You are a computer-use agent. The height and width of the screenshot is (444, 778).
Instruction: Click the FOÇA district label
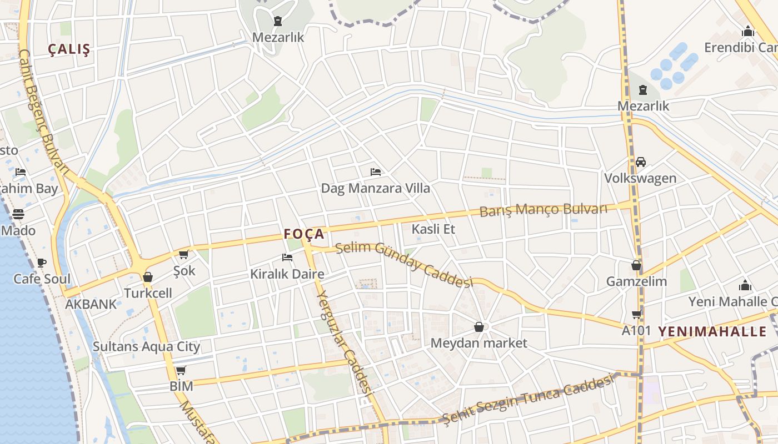(x=304, y=234)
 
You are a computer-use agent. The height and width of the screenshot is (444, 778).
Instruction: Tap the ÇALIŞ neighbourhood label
(x=69, y=49)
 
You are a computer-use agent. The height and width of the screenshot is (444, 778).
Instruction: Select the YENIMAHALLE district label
(x=712, y=332)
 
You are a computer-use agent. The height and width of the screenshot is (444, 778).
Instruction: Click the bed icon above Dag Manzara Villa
(x=376, y=172)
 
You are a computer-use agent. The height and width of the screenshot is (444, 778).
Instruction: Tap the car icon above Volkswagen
(x=640, y=162)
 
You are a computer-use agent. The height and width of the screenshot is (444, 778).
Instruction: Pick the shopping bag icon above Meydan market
(x=478, y=327)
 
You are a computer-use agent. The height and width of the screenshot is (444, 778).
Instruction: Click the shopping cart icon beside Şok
(x=184, y=254)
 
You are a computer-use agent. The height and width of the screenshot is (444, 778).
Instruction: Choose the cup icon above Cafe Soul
(x=41, y=263)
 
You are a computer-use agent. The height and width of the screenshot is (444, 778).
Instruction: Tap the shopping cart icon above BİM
(x=181, y=370)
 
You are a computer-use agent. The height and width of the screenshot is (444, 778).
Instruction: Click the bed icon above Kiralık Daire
(x=287, y=257)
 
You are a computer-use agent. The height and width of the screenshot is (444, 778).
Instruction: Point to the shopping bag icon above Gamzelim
(x=636, y=265)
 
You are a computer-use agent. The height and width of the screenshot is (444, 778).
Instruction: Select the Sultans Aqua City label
(x=146, y=347)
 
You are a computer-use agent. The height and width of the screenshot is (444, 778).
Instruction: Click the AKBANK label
(x=91, y=304)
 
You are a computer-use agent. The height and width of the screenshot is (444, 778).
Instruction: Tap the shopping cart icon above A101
(x=636, y=315)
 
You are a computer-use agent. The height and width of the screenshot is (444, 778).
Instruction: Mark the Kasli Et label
(x=433, y=229)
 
